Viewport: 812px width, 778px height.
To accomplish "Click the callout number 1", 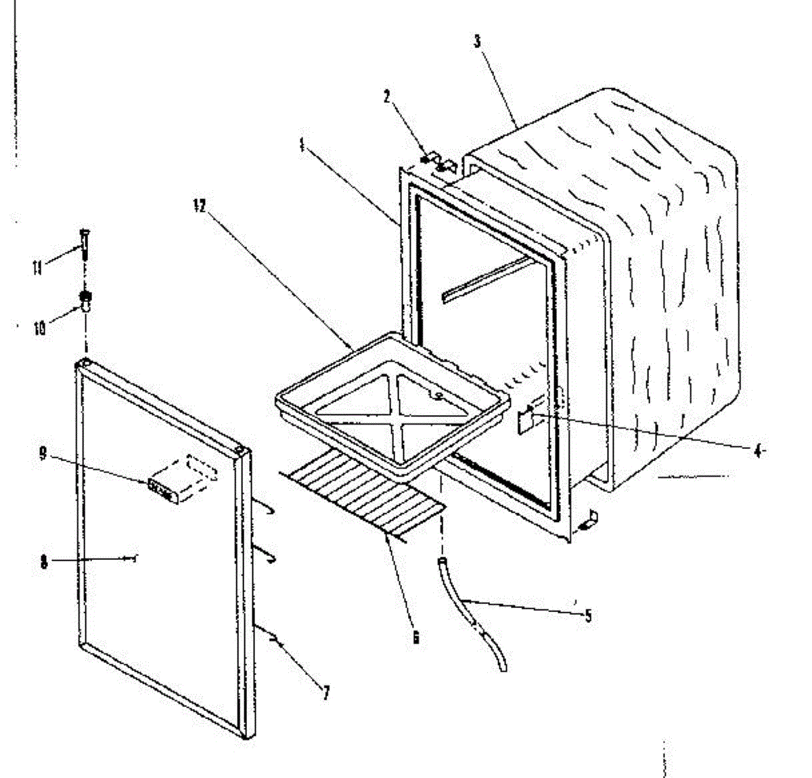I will [300, 145].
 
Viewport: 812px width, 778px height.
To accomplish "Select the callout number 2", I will [387, 96].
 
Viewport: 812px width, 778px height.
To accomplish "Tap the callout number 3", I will [477, 41].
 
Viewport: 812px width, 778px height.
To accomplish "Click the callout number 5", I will [587, 615].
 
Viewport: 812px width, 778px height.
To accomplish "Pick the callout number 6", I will [415, 636].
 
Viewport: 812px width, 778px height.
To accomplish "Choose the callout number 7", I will [325, 693].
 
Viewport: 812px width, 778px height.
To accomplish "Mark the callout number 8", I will [44, 562].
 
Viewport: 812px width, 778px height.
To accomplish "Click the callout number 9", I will [43, 454].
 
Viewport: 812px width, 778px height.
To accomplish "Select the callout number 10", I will [39, 329].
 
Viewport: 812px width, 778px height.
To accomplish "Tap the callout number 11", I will [37, 269].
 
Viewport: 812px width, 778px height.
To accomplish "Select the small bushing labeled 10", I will [87, 300].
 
